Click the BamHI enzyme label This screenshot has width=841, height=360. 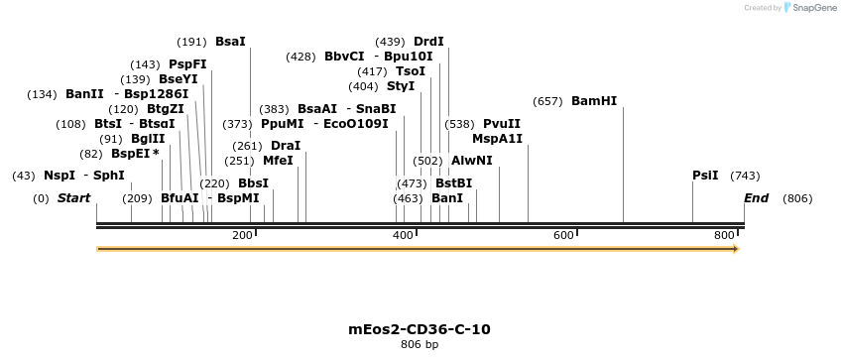coord(594,101)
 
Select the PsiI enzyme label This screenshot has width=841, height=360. coord(705,176)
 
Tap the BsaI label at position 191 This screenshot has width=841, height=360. coord(230,42)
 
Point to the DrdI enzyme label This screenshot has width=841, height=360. coord(428,42)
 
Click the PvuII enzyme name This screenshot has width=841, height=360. coord(502,124)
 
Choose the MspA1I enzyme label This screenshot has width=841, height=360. coord(497,139)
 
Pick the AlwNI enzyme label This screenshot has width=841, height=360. coord(472,160)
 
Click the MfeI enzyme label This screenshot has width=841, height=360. coord(278,160)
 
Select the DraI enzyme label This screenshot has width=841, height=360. coord(286,146)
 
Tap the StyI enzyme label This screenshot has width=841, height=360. coord(401,86)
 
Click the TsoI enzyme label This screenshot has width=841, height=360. coord(411,71)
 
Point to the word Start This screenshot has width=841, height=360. coord(73,198)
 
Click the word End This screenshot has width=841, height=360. coord(756,198)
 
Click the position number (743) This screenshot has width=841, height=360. coord(745,176)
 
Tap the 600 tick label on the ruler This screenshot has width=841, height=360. coord(564,235)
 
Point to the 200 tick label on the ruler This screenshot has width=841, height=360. coord(242,235)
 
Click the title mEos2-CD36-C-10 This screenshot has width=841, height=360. coord(420,329)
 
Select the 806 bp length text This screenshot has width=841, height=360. coord(420,345)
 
